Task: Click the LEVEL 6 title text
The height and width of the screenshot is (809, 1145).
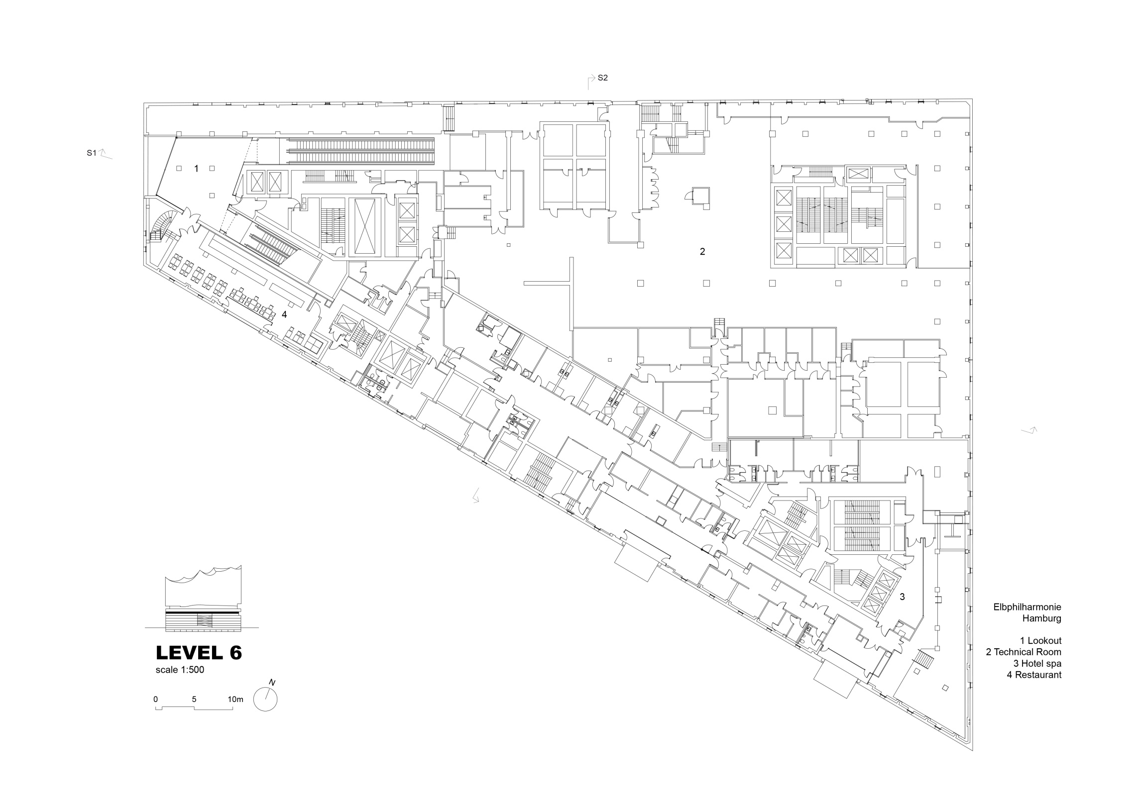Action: [x=199, y=652]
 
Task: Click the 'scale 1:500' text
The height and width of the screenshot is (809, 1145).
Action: [x=180, y=670]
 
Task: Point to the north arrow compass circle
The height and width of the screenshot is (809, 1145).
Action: [x=265, y=699]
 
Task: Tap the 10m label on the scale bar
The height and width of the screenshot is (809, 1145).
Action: [x=235, y=700]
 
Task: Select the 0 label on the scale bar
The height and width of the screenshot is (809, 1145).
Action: [x=156, y=700]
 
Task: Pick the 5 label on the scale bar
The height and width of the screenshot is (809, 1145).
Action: [x=194, y=700]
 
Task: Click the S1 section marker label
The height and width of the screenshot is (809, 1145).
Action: [x=91, y=153]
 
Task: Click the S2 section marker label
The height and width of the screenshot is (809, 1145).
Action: [x=603, y=78]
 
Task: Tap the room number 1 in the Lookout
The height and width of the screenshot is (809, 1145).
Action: [x=197, y=169]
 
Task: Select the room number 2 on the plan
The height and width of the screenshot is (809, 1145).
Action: [x=702, y=252]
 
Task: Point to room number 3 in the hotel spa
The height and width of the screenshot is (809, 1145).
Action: [x=902, y=597]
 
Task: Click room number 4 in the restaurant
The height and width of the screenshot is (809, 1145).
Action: [x=284, y=314]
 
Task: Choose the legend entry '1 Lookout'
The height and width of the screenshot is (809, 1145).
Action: [x=1040, y=640]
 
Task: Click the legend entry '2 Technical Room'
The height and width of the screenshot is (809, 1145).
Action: [x=1024, y=652]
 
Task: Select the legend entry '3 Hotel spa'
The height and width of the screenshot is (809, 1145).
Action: [x=1037, y=664]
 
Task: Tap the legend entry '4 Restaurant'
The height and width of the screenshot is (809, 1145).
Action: [x=1034, y=675]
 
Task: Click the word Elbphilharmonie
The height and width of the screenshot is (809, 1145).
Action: [x=1028, y=607]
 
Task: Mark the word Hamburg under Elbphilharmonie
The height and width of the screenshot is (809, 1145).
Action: [x=1042, y=618]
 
